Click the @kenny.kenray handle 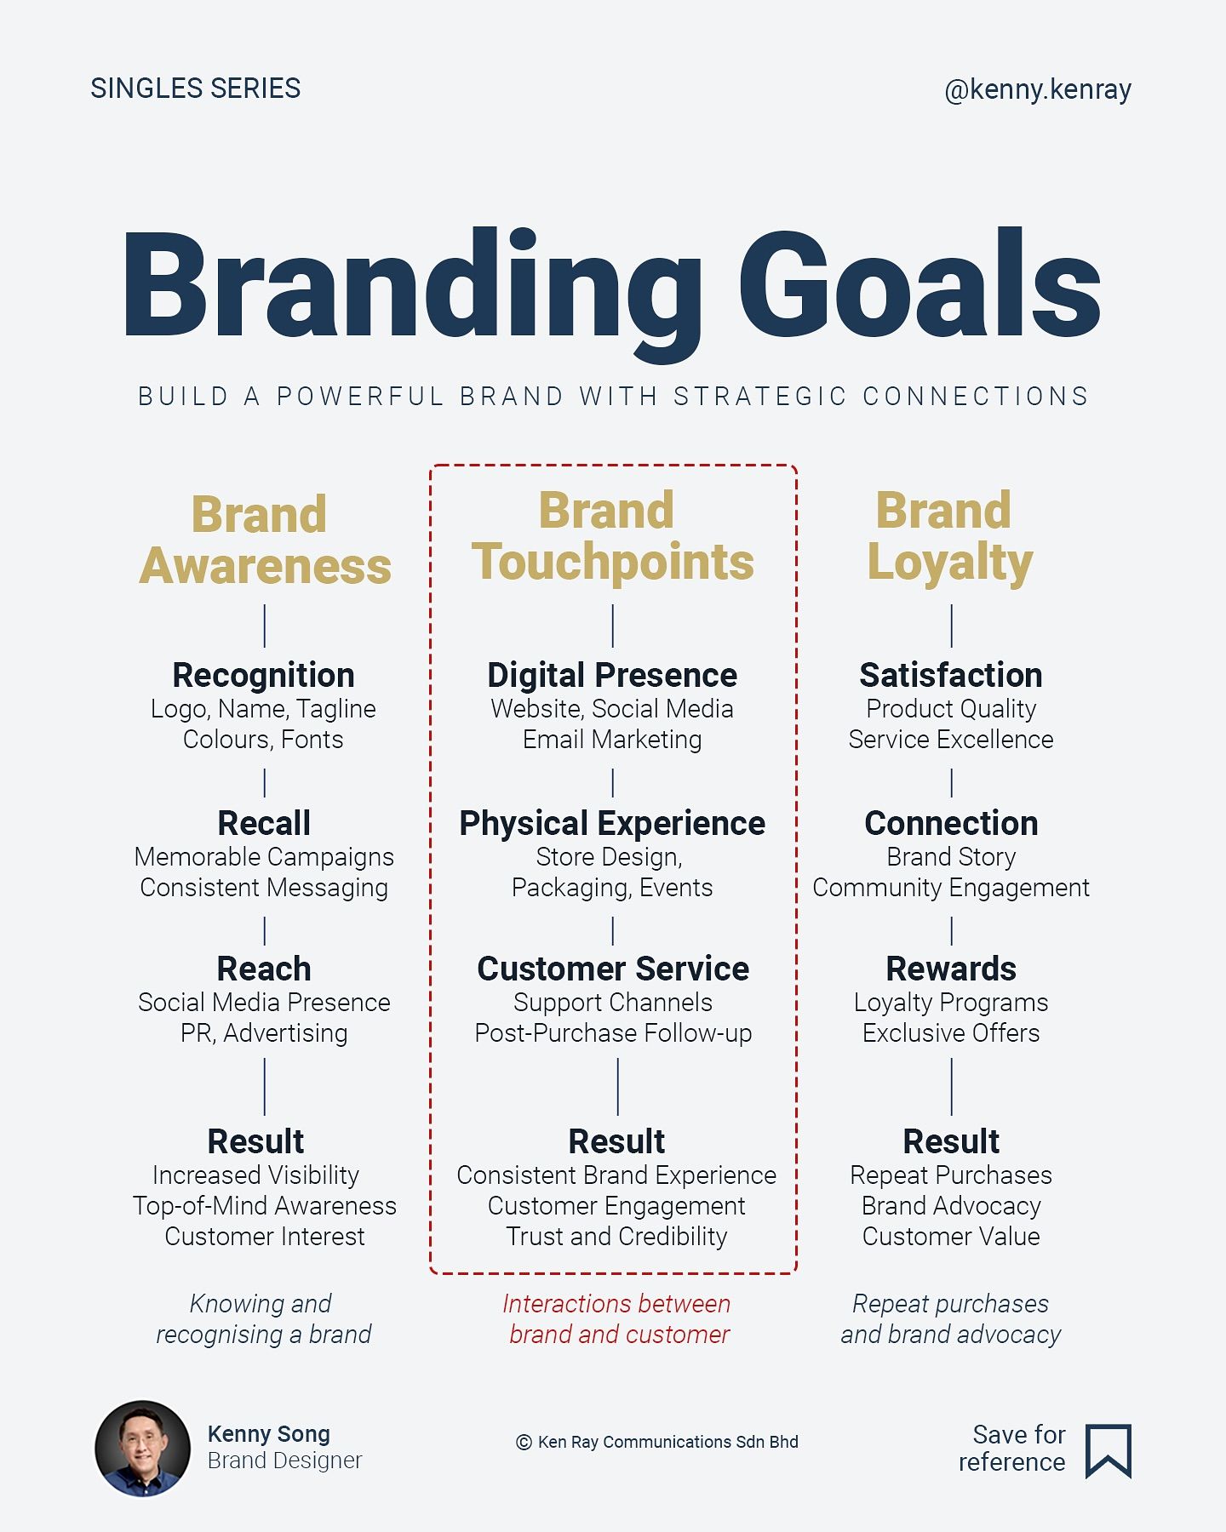[1038, 90]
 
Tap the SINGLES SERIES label [196, 89]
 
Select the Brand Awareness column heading [265, 540]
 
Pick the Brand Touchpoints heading [613, 536]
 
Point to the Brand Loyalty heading [950, 538]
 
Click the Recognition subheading [264, 675]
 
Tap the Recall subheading [264, 823]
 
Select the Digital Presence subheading [612, 675]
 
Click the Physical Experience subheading [612, 823]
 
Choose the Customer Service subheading [613, 969]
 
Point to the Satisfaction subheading [951, 675]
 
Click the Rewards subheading [951, 969]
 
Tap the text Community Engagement [951, 888]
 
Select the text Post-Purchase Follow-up [613, 1033]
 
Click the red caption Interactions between [616, 1304]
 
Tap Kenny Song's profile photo [143, 1448]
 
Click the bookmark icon [1109, 1450]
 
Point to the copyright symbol [524, 1442]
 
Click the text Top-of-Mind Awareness [265, 1206]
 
